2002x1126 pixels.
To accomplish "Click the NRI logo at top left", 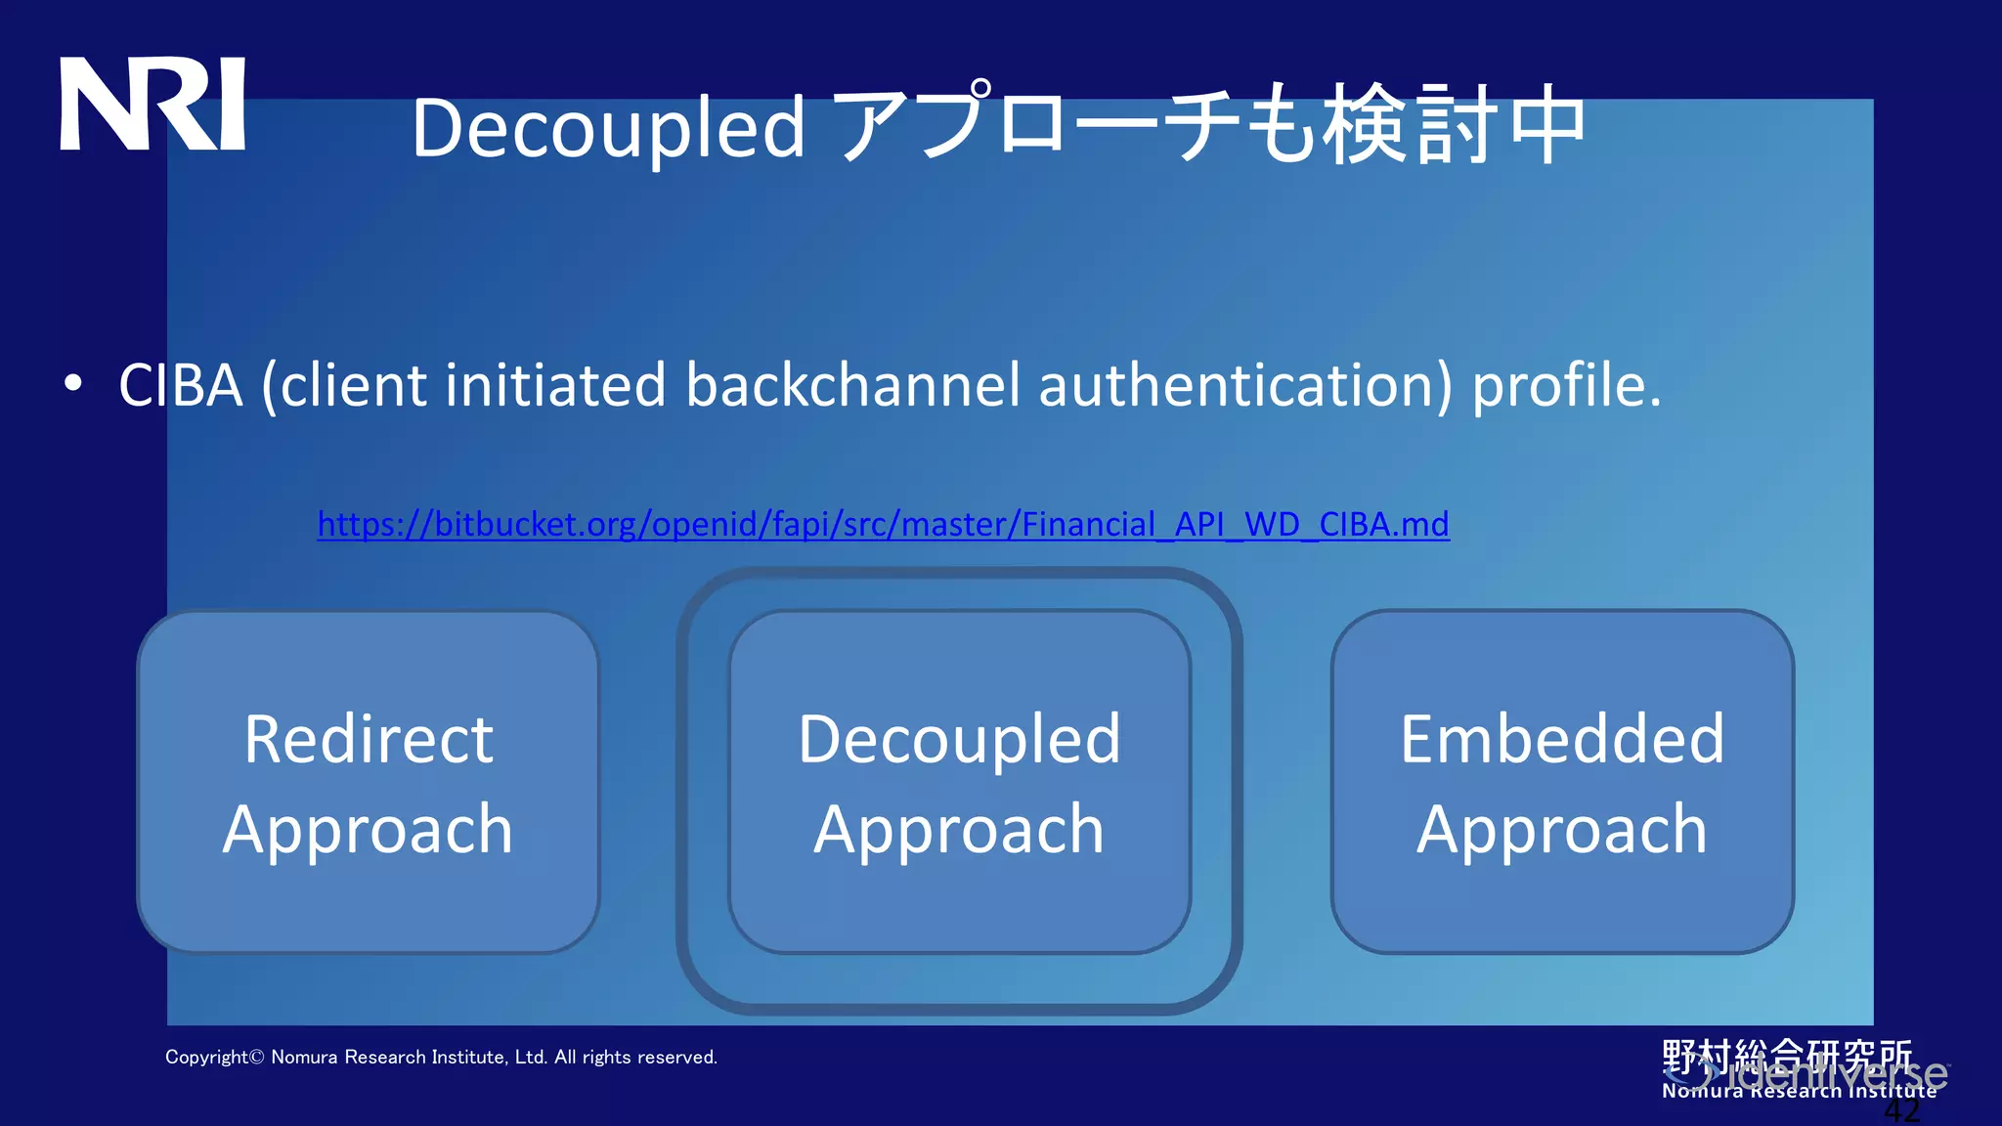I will [152, 104].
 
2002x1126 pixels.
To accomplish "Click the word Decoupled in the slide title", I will [608, 129].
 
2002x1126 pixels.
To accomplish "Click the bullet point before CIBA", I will [72, 384].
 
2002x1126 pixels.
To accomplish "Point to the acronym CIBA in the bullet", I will [181, 385].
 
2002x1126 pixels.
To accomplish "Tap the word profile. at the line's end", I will [1566, 385].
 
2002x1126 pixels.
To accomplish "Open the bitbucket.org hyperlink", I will [883, 525].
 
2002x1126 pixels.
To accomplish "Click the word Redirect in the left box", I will [369, 739].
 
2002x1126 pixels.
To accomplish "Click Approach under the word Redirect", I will [368, 830].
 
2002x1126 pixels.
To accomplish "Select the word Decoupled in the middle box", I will [959, 739].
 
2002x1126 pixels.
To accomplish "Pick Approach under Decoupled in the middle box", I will [959, 830].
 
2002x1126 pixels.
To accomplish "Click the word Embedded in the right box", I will [1562, 739].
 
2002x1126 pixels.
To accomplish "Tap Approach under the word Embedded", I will [1562, 830].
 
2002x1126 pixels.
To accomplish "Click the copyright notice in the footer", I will [441, 1058].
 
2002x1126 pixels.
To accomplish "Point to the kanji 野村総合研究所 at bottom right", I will [1787, 1056].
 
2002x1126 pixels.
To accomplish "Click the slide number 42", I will [1901, 1112].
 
